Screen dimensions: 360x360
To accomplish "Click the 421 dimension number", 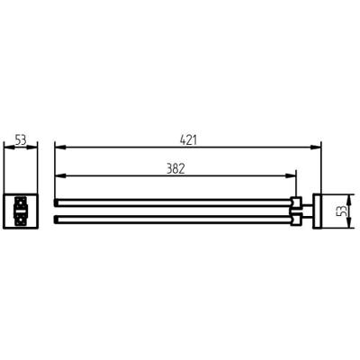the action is click(188, 140).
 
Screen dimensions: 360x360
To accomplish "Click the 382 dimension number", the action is click(175, 169).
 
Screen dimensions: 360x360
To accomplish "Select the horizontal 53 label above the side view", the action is click(21, 140).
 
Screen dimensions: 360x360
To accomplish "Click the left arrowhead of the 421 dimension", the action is click(60, 148).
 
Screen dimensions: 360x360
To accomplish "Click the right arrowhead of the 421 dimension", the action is click(315, 148).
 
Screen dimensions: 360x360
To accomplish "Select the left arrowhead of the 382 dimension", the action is click(60, 176).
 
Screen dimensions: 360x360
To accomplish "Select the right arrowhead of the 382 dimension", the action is click(291, 176).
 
